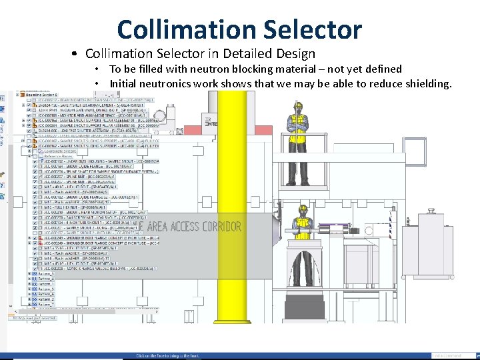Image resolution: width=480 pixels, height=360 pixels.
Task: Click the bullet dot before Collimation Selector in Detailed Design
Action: point(77,54)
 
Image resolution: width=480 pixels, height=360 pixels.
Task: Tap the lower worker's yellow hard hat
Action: point(303,209)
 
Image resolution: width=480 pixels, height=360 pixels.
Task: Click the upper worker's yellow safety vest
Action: point(298,124)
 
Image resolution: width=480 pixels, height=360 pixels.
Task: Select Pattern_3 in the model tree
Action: point(46,274)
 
